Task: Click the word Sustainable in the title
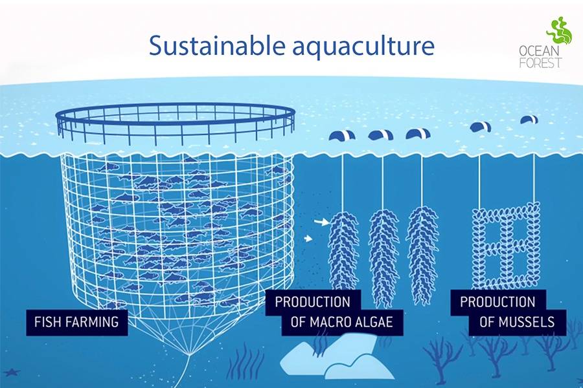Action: coord(217,46)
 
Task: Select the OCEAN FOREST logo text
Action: coord(541,57)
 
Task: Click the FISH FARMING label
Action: coord(76,321)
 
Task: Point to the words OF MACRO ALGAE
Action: coord(341,322)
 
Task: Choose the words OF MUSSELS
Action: coord(517,322)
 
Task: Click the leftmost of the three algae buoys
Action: coord(342,135)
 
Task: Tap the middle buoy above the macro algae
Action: coord(381,135)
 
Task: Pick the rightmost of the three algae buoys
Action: coord(418,134)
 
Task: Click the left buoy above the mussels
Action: coord(481,127)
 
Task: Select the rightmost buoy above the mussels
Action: coord(529,120)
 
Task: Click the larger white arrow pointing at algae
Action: coord(321,222)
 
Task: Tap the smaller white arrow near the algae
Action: coord(308,239)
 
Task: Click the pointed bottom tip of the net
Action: coord(190,354)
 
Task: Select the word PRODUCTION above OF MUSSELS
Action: coord(497,302)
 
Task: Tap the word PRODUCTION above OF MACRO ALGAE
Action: coord(313,302)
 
